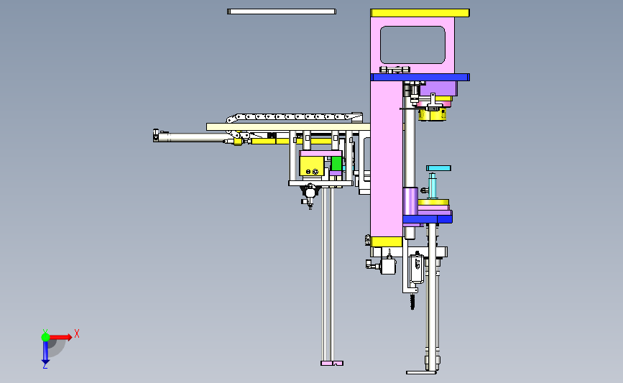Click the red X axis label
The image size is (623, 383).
[x=77, y=333]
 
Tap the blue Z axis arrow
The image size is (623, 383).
[x=45, y=352]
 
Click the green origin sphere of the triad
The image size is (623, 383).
[x=45, y=337]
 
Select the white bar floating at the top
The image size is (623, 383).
[x=282, y=11]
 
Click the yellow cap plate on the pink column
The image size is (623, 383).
[x=420, y=13]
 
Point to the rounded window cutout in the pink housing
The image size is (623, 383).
[x=412, y=45]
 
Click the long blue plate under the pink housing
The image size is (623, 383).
[x=420, y=77]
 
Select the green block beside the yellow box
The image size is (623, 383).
[x=336, y=163]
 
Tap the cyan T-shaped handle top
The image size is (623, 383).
[x=438, y=168]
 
